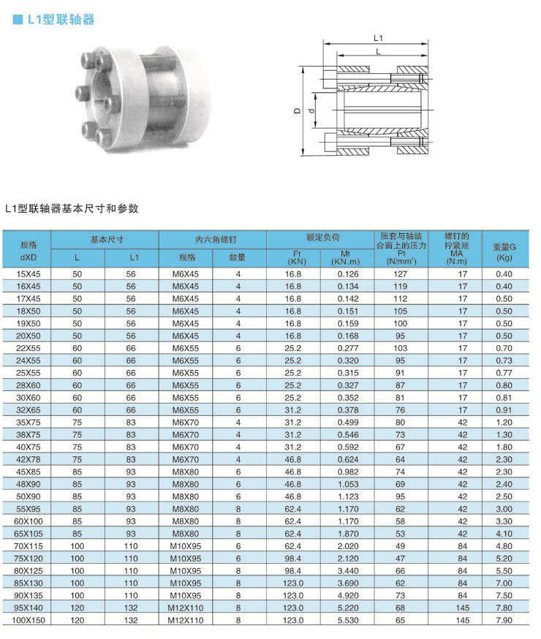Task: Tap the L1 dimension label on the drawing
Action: (x=379, y=37)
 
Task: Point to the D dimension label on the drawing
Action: (x=297, y=110)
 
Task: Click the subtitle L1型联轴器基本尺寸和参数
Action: (x=71, y=208)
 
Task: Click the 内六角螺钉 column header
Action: (x=212, y=239)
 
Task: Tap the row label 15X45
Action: (x=29, y=274)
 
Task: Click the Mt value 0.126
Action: (x=348, y=274)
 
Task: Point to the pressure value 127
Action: (x=401, y=274)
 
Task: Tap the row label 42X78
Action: (x=29, y=460)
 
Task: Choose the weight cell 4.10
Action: (x=504, y=534)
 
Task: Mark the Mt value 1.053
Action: (x=348, y=485)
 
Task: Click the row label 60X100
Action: (x=29, y=521)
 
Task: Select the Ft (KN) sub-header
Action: (x=296, y=257)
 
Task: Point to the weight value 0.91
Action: (x=504, y=410)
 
